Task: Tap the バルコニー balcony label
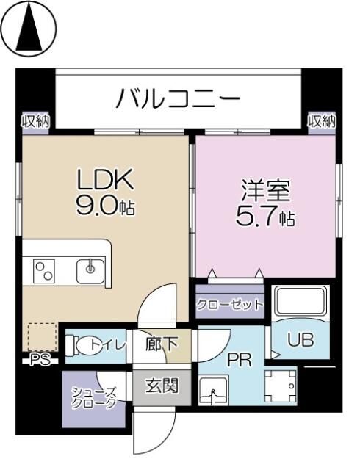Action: tap(178, 98)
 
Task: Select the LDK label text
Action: tap(106, 179)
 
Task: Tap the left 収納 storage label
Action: tap(35, 120)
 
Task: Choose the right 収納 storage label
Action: tap(321, 120)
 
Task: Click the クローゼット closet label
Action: tap(228, 305)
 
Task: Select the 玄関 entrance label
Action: tap(161, 385)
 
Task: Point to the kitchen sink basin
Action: tap(91, 270)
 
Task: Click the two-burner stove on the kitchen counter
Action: tap(44, 271)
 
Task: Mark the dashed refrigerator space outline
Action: tap(43, 336)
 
